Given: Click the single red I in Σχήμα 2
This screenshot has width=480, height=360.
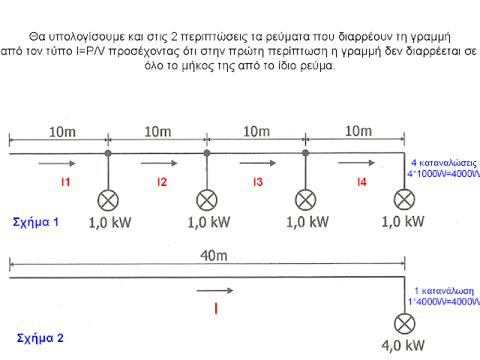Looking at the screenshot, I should point(216,307).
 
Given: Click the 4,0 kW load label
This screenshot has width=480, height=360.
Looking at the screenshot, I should point(404,346).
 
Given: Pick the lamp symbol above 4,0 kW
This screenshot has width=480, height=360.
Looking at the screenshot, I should point(405,323).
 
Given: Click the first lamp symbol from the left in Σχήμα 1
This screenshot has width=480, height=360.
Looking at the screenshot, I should point(108,199).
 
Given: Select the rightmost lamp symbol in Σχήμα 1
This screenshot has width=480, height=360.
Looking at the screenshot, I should point(405,199).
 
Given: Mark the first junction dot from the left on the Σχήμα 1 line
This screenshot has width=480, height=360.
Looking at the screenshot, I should point(108,154).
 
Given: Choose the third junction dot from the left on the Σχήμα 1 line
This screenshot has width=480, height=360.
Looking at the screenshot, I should point(305,154).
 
